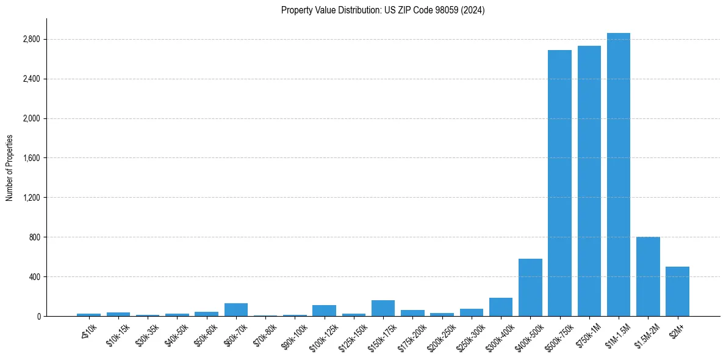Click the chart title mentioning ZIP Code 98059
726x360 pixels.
click(383, 10)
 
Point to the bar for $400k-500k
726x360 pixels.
click(530, 287)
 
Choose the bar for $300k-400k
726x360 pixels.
click(501, 307)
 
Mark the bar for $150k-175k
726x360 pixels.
click(383, 308)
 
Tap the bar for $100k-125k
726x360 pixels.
click(324, 311)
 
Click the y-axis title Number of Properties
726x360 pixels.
click(10, 168)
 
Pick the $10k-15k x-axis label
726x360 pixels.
click(117, 334)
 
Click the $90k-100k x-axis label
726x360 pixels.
click(294, 336)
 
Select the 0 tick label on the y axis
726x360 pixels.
click(38, 317)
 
